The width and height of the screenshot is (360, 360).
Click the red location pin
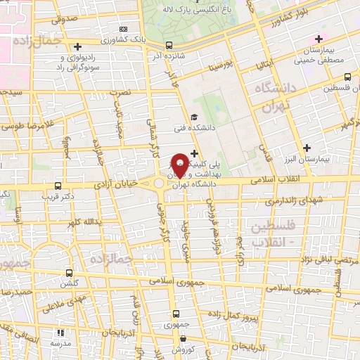pos(180,165)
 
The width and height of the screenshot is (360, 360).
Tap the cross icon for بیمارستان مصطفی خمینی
pos(320,38)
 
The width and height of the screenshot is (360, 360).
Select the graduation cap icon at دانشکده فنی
pos(194,117)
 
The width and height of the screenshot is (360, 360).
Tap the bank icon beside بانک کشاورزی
pos(124,29)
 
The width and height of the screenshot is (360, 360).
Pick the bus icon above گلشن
pos(69,273)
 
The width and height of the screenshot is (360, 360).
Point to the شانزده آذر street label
pos(169,53)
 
